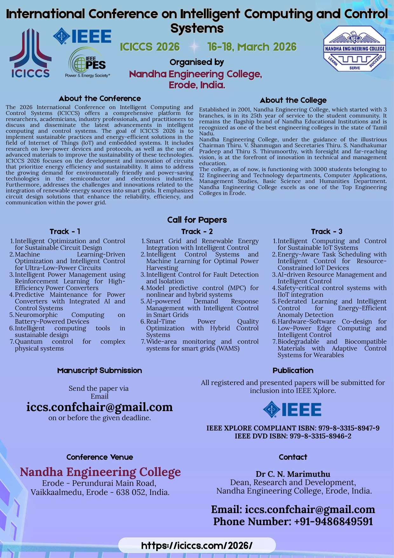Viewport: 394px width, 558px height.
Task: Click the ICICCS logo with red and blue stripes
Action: tap(31, 53)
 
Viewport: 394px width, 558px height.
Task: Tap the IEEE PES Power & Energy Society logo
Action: tap(88, 63)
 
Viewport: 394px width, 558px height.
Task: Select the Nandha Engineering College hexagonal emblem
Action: tap(355, 49)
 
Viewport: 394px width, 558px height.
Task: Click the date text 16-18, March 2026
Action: tap(252, 47)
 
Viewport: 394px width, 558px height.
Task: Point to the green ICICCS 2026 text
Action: tap(150, 47)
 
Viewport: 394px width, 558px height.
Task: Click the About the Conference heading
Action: tap(100, 98)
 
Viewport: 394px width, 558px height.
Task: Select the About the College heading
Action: tap(293, 100)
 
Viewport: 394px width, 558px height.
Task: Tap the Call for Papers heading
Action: tap(197, 220)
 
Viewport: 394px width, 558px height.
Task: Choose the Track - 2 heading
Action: tap(197, 231)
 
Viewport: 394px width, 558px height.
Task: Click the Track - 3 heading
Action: tap(327, 231)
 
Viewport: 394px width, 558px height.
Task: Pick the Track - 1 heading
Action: tap(65, 231)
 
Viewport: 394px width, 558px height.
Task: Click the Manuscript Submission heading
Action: tap(99, 370)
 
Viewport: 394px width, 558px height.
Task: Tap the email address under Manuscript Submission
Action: tap(99, 407)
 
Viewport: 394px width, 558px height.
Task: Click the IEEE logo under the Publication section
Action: tap(292, 409)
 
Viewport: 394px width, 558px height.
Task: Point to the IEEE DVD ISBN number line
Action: tap(293, 436)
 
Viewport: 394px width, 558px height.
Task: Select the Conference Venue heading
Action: tap(100, 457)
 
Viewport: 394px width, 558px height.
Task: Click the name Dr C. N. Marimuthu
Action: tap(293, 474)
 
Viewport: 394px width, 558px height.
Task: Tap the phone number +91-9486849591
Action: tap(293, 521)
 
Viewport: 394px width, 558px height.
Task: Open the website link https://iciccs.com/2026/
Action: tap(197, 546)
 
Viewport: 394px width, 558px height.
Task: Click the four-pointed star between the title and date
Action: tap(194, 47)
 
